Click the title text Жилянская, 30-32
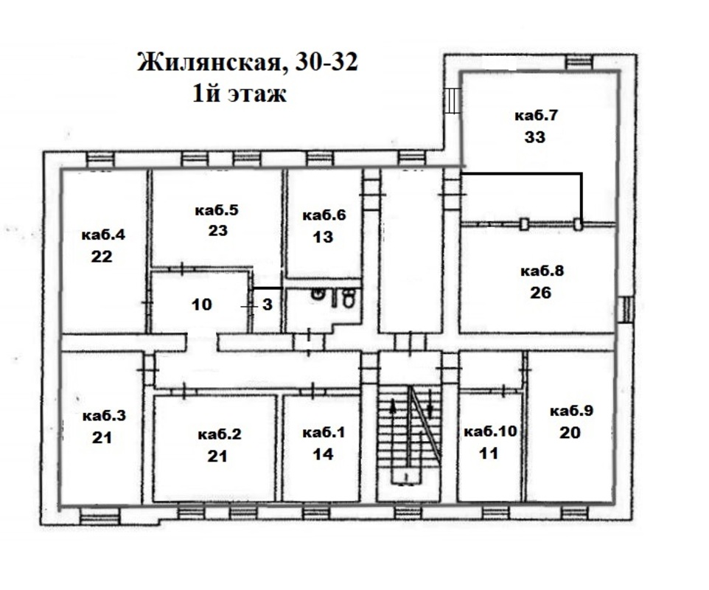coord(248,63)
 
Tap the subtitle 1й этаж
coord(240,94)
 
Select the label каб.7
coord(536,115)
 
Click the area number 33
coord(535,136)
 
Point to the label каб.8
coord(542,271)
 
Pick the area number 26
coord(541,293)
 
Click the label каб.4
coord(103,235)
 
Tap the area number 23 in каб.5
coord(217,231)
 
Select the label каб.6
coord(324,215)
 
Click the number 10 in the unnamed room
coord(202,304)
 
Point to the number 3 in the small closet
coord(268,305)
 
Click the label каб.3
coord(104,416)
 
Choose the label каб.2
coord(220,434)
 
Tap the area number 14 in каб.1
coord(323,454)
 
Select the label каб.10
coord(491,431)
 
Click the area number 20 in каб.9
coord(570,433)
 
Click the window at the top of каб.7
coord(579,62)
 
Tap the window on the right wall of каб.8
coord(626,310)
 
